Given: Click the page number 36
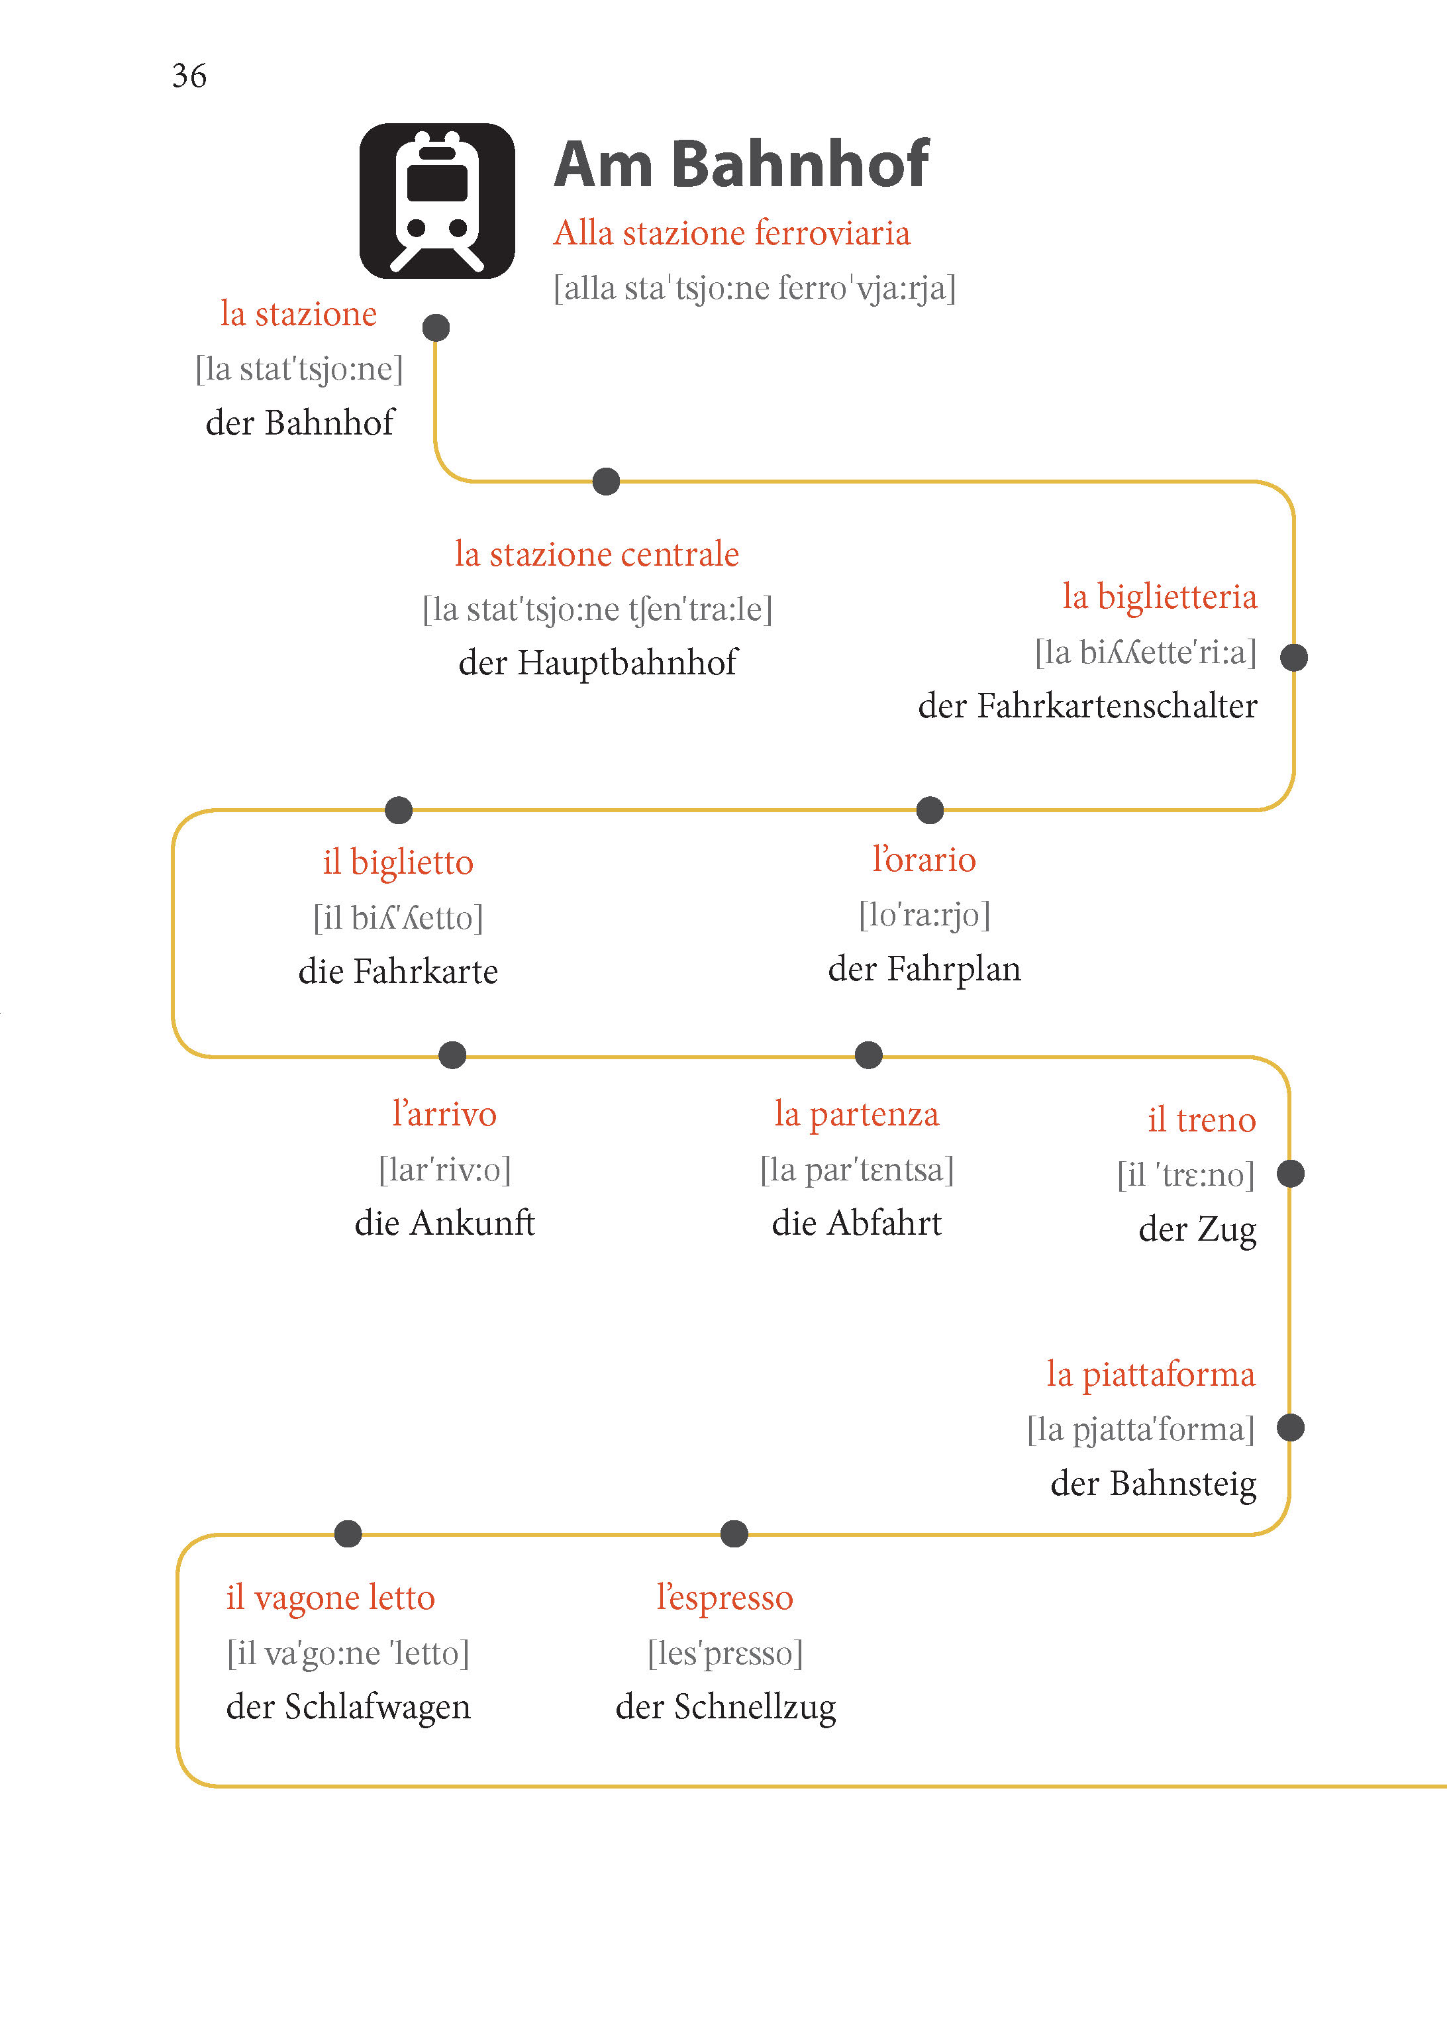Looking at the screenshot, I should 189,76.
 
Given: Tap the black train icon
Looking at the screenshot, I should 436,201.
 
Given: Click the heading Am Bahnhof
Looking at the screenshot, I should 740,165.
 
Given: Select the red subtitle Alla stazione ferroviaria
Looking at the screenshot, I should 732,233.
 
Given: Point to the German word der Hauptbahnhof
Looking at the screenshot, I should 598,663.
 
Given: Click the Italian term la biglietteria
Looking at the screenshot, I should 1159,597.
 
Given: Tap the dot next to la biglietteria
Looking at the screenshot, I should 1294,658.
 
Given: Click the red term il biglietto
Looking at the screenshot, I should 397,862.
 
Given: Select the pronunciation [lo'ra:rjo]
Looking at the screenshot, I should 924,915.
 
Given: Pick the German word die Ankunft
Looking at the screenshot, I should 444,1223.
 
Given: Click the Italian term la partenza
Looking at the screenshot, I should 856,1115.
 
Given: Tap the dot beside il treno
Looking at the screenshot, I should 1290,1174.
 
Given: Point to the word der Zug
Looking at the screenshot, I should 1197,1229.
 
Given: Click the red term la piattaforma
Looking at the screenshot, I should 1150,1375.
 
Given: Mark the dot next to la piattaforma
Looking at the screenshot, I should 1290,1428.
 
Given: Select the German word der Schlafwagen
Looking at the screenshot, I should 348,1707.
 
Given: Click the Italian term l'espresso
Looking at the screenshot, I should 724,1598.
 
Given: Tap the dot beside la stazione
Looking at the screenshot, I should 436,328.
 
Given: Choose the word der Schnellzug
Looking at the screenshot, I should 725,1707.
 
